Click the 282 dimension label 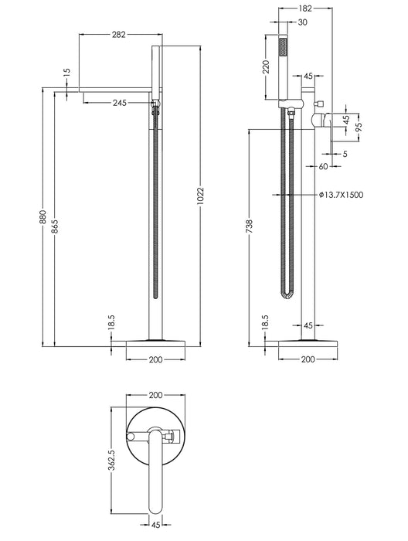[119, 35]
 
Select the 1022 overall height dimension [201, 196]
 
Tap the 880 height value [42, 217]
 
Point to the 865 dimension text [55, 226]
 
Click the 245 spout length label [120, 103]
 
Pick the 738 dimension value [250, 226]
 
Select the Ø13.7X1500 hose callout [342, 195]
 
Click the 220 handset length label [266, 67]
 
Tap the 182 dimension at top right [305, 9]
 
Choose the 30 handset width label [302, 22]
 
